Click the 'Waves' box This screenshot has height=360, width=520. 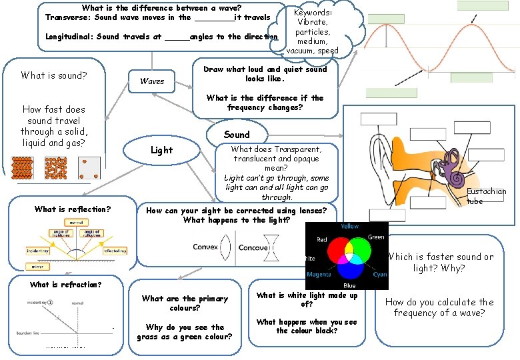click(x=152, y=81)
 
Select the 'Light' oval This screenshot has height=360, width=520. click(x=161, y=150)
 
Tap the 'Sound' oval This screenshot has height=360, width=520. click(x=237, y=134)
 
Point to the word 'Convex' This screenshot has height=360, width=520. click(x=205, y=247)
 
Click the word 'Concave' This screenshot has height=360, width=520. click(x=253, y=247)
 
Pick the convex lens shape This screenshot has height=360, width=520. click(x=228, y=247)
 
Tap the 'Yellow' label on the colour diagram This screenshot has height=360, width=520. click(x=349, y=227)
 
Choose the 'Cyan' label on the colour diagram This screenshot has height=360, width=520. click(x=379, y=275)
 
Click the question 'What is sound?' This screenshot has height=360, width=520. click(x=53, y=75)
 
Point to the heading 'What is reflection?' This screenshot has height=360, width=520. click(x=72, y=209)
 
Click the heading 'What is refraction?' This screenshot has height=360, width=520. click(x=65, y=285)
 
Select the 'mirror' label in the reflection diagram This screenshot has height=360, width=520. click(x=36, y=266)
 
